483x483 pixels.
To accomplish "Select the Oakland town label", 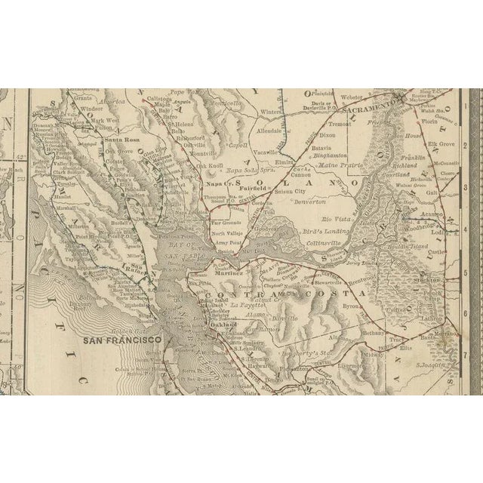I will click(x=227, y=324).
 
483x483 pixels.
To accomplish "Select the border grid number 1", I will click(x=474, y=107).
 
